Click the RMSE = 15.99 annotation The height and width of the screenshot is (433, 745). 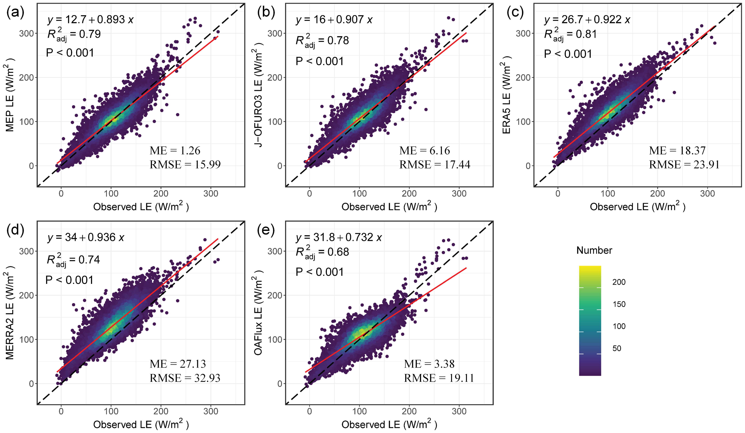pos(185,165)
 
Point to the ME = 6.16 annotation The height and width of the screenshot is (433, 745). pos(425,151)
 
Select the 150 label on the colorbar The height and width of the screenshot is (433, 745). pos(619,304)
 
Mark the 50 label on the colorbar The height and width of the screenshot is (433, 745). pos(617,348)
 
